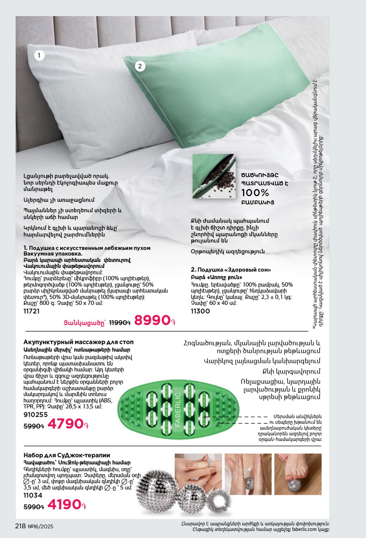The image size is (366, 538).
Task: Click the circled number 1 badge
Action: point(39,56)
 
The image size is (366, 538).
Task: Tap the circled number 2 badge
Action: point(140,66)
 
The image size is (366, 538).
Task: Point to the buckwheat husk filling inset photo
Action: point(214,176)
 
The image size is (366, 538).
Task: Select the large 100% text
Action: point(255,193)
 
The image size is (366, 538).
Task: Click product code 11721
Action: point(31,311)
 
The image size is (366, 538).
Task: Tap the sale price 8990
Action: point(152,320)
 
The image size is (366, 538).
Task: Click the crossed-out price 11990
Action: point(120,323)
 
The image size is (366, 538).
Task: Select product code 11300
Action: point(200,311)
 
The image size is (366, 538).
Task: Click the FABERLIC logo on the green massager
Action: point(178,409)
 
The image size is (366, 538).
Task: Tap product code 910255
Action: point(36,414)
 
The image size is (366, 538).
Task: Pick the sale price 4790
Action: point(66,424)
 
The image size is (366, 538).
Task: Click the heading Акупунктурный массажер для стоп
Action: point(78,342)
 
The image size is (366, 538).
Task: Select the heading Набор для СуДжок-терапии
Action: point(67,455)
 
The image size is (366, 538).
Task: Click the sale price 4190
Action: point(65,504)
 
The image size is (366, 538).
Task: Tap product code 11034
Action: point(33,495)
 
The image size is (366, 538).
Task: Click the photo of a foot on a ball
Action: point(298,474)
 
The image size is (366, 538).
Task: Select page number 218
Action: point(20,526)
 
